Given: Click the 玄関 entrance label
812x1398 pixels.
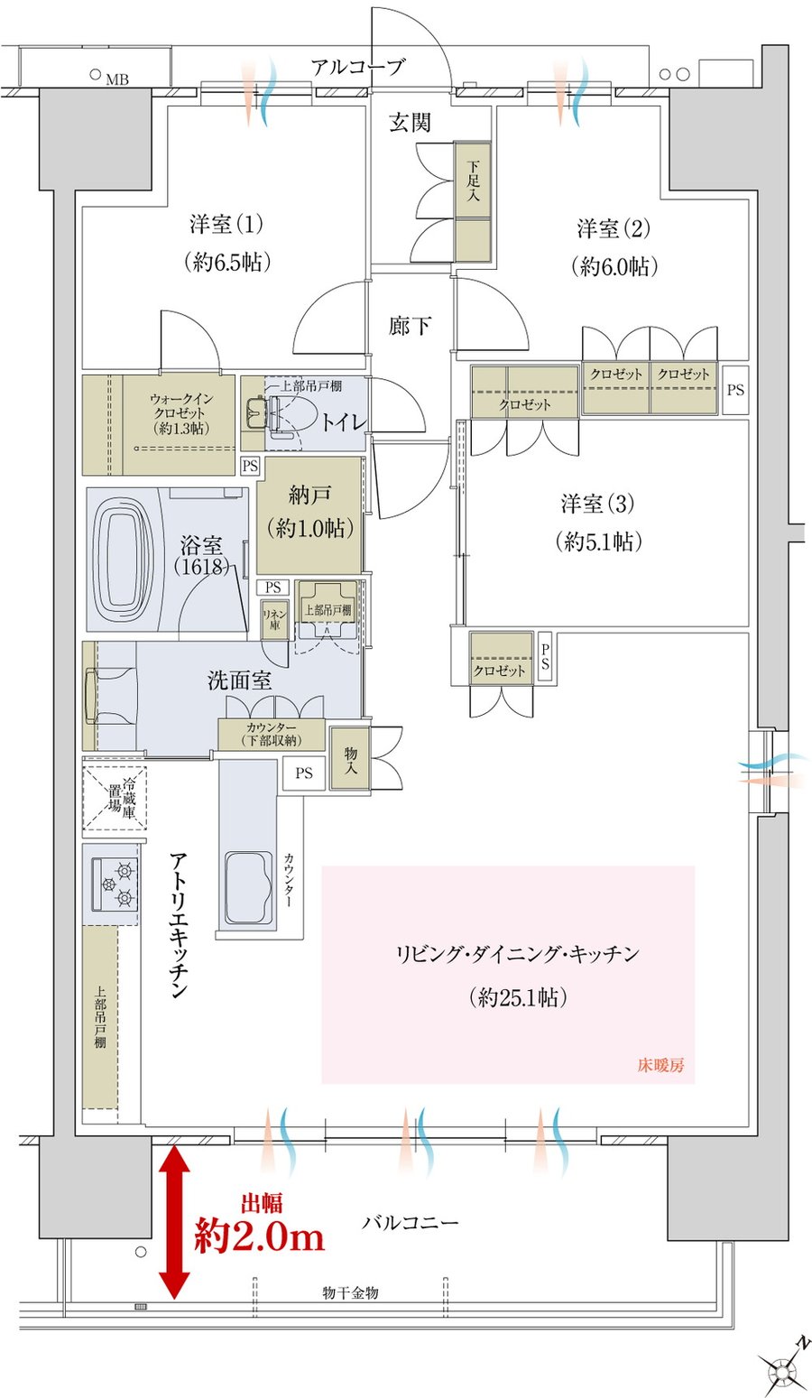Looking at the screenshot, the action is coord(410,123).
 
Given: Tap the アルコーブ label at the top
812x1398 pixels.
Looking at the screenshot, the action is coord(358,66).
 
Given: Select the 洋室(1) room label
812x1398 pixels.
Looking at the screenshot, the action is coord(226,224).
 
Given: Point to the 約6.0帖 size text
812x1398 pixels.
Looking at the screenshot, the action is coord(614,266).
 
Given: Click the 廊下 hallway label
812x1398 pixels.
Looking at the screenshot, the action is coord(410,325).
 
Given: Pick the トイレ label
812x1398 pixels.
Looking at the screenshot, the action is coord(343,422).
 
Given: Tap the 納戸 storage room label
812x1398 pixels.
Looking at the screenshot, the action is coord(309,495).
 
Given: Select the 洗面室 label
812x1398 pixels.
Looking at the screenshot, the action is coord(240,680).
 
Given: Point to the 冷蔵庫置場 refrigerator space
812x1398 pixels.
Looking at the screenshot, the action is coord(115,798).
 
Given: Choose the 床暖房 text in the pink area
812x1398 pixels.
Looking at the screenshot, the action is coord(661,1065).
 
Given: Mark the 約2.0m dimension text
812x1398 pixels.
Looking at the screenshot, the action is coord(259,1236).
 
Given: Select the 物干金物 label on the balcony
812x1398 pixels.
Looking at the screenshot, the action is coord(350,1292).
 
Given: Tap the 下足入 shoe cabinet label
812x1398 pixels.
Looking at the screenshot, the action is coord(473,181).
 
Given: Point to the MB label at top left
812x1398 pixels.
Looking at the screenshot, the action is coord(116,79).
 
